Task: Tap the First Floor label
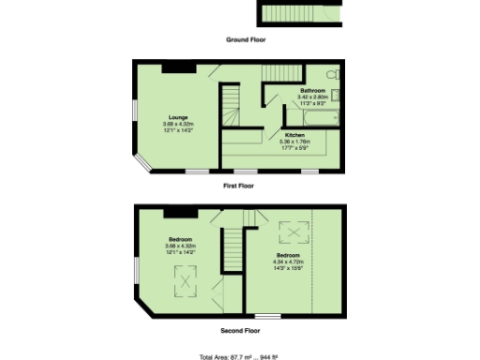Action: (239, 186)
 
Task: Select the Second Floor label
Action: (240, 330)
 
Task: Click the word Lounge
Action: (176, 117)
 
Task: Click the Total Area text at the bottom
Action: (240, 356)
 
